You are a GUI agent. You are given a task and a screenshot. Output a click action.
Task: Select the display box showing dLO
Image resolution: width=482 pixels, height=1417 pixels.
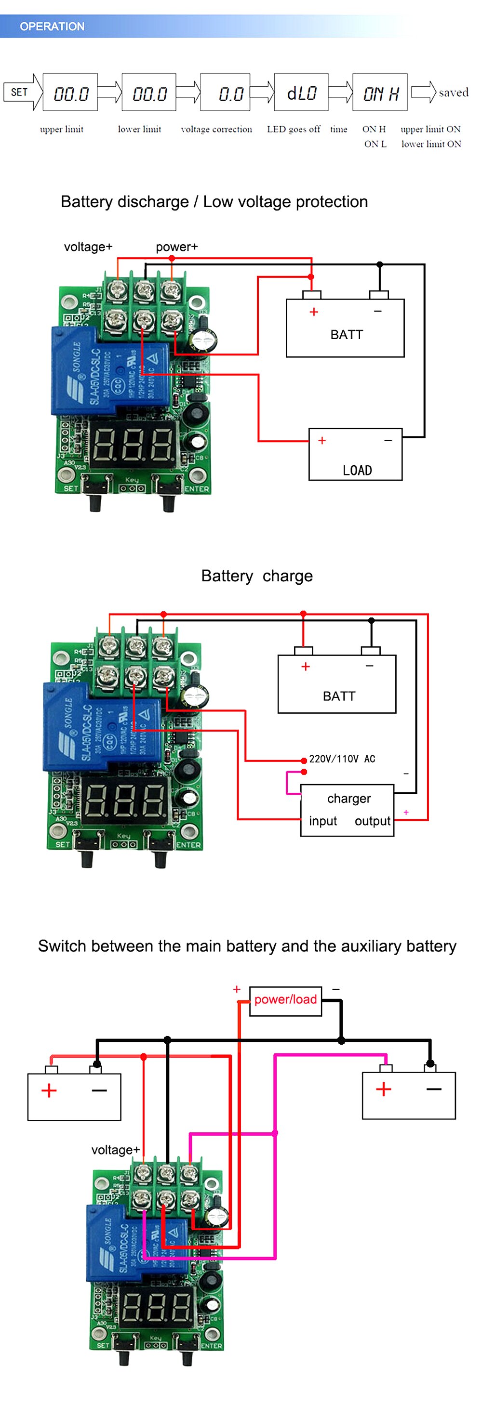(300, 92)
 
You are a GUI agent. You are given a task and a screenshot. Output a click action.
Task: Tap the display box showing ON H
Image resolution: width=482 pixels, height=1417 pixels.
(379, 92)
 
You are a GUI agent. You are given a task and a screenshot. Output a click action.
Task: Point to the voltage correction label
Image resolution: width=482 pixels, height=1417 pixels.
(216, 129)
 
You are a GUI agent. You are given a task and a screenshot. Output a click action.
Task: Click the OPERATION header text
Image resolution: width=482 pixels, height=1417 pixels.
(52, 26)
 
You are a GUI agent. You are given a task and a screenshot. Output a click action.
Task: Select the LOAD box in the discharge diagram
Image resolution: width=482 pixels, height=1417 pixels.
(355, 454)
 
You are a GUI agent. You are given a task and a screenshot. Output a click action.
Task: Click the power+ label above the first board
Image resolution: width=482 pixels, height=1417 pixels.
(176, 247)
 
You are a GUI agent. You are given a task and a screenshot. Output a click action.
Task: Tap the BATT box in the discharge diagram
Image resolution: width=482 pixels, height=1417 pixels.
(345, 328)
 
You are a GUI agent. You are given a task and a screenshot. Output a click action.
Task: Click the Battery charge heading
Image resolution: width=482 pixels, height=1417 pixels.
(256, 576)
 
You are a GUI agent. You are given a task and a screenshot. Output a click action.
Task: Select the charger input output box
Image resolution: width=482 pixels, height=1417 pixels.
(347, 809)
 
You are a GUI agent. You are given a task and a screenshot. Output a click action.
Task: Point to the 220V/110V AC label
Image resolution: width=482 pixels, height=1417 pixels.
(342, 759)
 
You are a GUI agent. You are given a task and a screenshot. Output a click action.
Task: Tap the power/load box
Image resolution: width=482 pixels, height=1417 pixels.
(285, 999)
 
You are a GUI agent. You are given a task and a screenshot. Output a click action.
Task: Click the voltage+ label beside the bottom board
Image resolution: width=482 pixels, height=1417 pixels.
(115, 1149)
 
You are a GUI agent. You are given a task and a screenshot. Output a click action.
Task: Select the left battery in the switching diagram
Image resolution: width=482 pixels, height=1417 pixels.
(74, 1096)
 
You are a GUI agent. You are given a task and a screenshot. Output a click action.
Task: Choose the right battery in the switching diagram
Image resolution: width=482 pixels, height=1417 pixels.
(408, 1095)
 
